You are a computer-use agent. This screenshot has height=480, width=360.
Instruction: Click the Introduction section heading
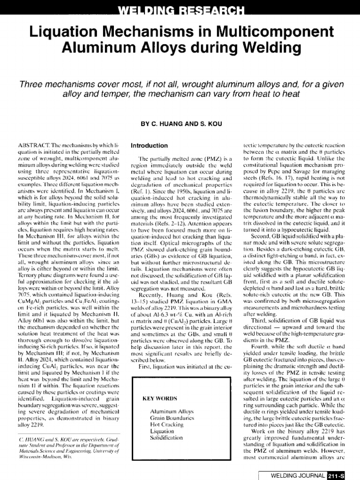tap(149, 146)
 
